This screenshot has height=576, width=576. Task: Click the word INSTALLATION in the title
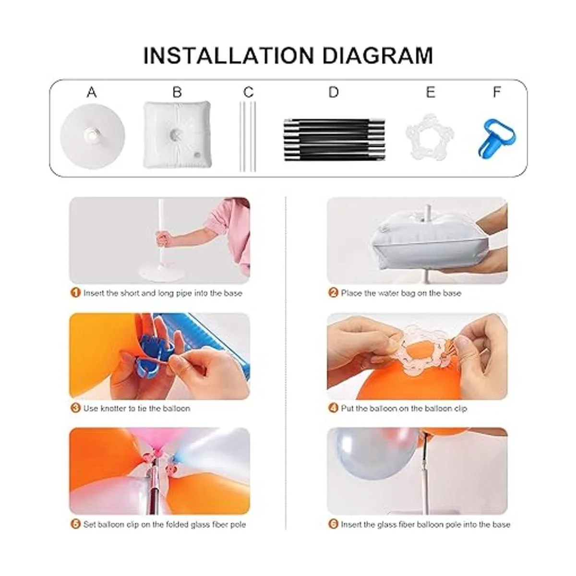[228, 55]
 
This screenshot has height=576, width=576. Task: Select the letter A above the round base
[92, 92]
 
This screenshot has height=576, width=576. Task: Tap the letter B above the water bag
[177, 92]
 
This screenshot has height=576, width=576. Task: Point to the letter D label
[334, 92]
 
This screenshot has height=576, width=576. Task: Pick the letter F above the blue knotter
[496, 92]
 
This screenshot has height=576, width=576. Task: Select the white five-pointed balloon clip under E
[430, 137]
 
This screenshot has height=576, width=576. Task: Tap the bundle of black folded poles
[334, 140]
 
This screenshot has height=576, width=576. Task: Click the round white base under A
[92, 136]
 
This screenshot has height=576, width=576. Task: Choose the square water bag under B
[177, 135]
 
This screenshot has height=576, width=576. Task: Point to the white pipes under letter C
[248, 137]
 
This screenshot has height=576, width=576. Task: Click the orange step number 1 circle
[76, 293]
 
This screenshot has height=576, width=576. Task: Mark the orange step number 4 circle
[333, 408]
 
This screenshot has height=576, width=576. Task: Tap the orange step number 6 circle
[333, 524]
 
